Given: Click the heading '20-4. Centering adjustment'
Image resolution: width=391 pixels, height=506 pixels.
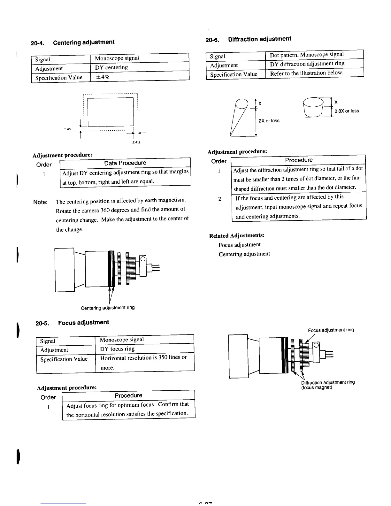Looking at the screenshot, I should coord(73,42).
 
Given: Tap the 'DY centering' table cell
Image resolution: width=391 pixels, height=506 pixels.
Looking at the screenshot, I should coord(111,67).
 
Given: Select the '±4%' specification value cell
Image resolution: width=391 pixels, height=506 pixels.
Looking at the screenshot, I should coord(102,77).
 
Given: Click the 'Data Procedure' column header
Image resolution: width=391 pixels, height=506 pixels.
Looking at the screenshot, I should coord(125,163).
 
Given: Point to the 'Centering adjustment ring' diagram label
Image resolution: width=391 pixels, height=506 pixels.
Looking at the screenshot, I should coord(108,308).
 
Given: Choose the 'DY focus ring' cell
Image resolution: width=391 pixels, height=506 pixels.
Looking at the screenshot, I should coord(117,349).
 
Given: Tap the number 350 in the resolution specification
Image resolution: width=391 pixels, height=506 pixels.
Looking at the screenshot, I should coord(163,357).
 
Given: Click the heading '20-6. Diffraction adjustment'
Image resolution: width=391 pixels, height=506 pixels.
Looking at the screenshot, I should coord(248,39).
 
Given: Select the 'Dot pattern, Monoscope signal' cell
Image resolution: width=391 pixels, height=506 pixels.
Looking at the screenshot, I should coord(307,55).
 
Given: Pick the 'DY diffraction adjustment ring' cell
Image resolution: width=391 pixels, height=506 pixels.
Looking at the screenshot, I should coord(307,64).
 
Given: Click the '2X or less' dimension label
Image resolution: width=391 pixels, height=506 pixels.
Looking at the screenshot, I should coord(269,121).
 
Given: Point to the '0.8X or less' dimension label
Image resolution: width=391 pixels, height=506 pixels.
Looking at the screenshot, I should coord(347,111).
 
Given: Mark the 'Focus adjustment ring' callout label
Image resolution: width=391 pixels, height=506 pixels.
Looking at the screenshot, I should coord(331,330).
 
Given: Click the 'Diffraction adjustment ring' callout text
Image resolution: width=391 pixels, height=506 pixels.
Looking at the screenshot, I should coord(328,382).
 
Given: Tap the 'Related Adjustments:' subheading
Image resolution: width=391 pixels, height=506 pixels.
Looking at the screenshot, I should coord(237,236).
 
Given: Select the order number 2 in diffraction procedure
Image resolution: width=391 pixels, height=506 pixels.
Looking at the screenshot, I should coord(219,199).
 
